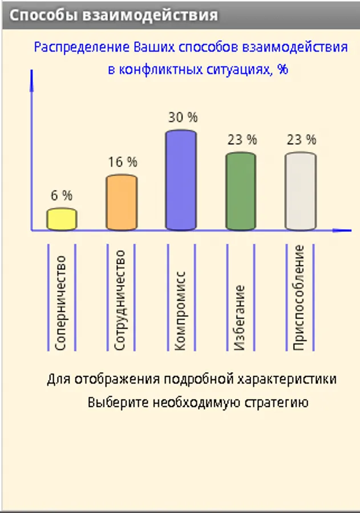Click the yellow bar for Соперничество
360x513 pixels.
62,219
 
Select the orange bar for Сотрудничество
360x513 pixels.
122,203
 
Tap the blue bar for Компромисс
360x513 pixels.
181,181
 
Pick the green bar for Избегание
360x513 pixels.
241,192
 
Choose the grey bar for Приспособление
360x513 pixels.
301,192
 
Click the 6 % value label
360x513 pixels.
62,196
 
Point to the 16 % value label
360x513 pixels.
123,162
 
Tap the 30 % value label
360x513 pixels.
183,117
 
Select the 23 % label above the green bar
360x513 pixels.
242,139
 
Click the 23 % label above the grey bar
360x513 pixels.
301,139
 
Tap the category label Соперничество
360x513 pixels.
61,302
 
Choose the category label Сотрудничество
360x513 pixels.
120,300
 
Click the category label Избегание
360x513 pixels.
240,317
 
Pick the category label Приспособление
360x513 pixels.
300,298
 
